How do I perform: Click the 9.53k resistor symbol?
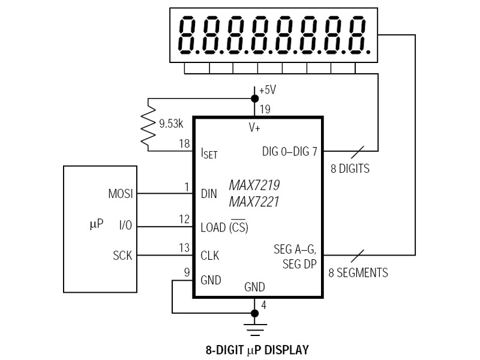(148, 124)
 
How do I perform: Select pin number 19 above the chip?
(265, 109)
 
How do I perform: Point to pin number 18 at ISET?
(185, 144)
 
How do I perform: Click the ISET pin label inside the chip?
(209, 153)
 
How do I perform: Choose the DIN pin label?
(209, 194)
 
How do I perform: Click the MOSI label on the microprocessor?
(120, 194)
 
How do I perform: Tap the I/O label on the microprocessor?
(125, 226)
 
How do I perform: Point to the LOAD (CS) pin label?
(224, 228)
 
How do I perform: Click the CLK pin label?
(210, 256)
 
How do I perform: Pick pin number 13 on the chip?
(184, 248)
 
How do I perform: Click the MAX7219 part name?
(254, 185)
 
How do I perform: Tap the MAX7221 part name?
(254, 202)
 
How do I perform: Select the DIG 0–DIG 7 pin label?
(290, 152)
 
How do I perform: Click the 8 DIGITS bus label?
(350, 169)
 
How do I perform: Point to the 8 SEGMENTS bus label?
(358, 273)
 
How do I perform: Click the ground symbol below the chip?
(255, 328)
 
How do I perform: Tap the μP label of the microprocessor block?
(96, 225)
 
